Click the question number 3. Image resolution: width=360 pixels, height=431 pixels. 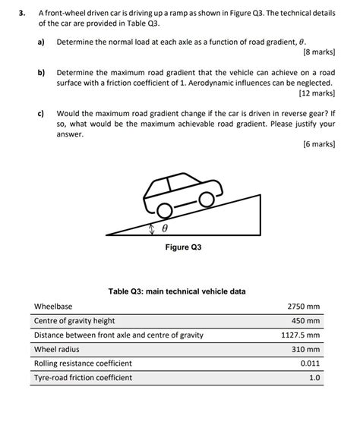pos(24,13)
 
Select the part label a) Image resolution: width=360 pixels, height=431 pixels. pos(42,41)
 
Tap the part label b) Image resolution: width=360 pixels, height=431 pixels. pos(42,71)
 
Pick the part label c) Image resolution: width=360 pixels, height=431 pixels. pos(42,112)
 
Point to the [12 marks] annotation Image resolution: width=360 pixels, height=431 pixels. pos(317,93)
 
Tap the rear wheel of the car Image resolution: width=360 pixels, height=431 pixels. pos(163,212)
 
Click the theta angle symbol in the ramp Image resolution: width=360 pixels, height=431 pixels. pos(164,228)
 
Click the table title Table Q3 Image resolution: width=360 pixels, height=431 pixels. pos(177,291)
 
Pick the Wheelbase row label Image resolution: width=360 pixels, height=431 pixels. pos(53,307)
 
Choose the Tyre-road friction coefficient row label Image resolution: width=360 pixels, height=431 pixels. pos(83,377)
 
